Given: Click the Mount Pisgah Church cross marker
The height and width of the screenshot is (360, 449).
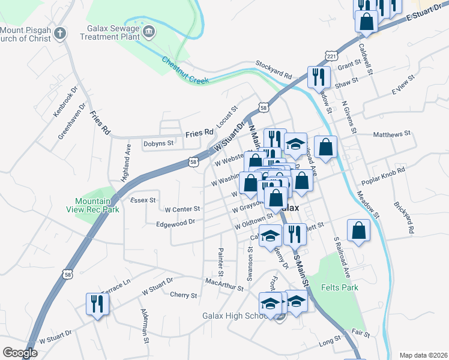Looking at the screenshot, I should (x=59, y=33).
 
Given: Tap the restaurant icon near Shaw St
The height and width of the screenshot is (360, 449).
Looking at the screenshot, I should (x=318, y=77).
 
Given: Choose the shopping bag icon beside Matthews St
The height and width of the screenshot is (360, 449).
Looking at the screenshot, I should (x=325, y=147).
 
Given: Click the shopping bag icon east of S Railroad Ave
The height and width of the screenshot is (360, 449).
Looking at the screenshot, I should (x=358, y=231).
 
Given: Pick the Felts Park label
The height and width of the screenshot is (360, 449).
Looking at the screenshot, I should (x=342, y=287).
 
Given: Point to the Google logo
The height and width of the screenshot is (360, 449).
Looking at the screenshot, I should (x=20, y=353).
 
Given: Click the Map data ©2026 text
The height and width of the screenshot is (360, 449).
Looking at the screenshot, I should (x=423, y=355).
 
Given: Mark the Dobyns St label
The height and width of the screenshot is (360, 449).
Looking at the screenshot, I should (x=158, y=143).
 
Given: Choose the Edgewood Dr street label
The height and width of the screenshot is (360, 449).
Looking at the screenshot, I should (x=175, y=222).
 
